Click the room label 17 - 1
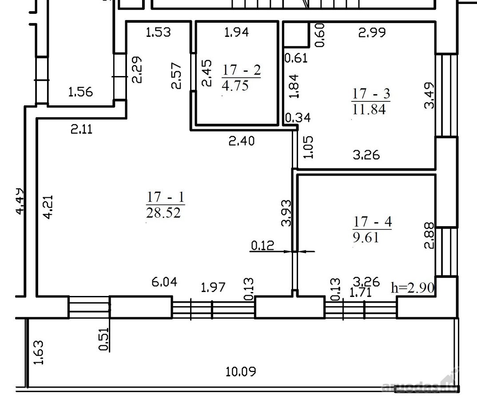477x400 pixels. click(166, 197)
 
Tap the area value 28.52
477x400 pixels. click(164, 213)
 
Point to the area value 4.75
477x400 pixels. click(235, 85)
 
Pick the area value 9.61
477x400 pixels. click(366, 237)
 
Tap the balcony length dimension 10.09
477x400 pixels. click(241, 372)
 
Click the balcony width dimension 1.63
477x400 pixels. click(39, 352)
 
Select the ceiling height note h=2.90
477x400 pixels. click(413, 287)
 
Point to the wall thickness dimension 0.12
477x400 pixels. click(262, 245)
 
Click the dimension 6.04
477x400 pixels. click(164, 282)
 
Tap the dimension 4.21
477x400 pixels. click(48, 207)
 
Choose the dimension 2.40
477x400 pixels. click(242, 141)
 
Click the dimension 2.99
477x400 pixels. click(372, 32)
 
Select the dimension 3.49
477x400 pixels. click(429, 95)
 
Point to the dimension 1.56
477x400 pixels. click(80, 92)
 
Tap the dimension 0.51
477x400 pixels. click(104, 339)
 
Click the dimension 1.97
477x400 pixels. click(213, 287)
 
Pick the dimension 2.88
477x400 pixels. click(429, 236)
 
